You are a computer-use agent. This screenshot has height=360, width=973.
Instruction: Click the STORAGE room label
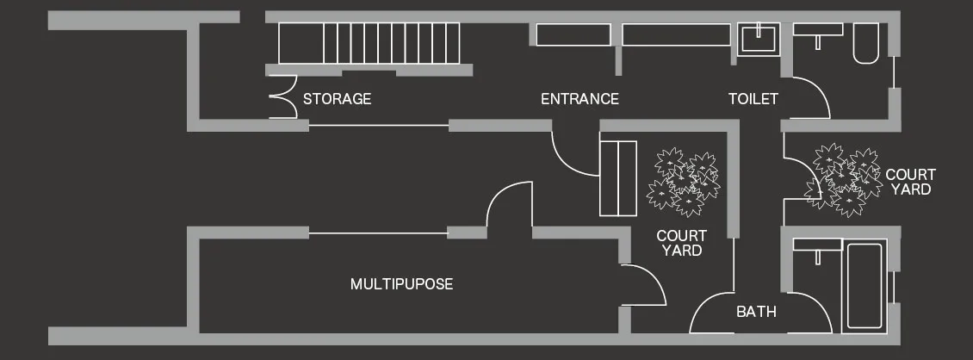coord(337,99)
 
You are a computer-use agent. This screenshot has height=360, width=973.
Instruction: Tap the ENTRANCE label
coord(579,99)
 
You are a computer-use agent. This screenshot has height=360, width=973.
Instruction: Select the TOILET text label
coord(753,99)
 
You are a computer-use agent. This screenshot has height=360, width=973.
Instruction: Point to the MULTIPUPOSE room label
coord(401,284)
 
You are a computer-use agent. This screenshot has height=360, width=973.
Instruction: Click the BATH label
coord(756,312)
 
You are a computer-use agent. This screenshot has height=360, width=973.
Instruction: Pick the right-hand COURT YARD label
coord(910,182)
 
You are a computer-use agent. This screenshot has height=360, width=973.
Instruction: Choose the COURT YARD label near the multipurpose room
coord(681,243)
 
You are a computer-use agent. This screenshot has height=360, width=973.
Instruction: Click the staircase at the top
coord(370,44)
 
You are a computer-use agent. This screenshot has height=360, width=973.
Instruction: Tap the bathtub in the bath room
coord(865,286)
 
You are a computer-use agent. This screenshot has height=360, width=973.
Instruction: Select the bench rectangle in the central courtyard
coord(617,177)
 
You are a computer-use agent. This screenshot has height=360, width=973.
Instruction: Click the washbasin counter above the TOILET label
coord(817,30)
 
